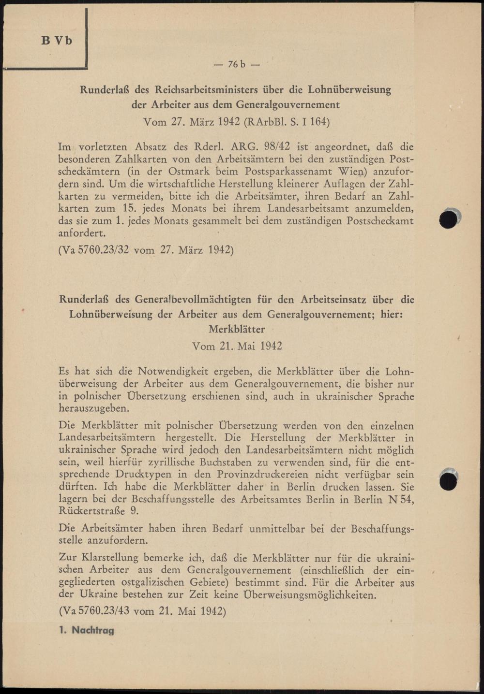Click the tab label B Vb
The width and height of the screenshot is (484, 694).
point(57,41)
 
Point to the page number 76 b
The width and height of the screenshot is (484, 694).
point(237,64)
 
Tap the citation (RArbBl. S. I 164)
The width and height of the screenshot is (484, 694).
point(287,121)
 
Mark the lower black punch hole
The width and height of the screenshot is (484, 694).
point(449,481)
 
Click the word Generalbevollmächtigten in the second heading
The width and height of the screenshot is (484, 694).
point(199,299)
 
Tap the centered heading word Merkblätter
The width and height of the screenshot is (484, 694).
point(237,329)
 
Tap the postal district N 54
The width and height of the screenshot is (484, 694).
point(401,499)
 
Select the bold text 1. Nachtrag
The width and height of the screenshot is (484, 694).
point(86,630)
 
